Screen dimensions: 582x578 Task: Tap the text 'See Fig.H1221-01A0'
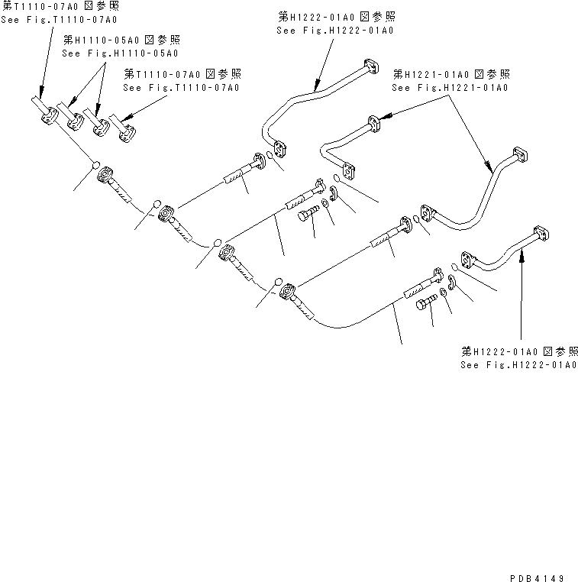[450, 88]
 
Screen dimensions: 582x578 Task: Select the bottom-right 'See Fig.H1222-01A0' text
[520, 366]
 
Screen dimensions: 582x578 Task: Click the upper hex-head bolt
[307, 217]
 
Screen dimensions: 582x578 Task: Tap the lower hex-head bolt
[425, 304]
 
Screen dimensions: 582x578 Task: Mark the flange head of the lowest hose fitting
[288, 291]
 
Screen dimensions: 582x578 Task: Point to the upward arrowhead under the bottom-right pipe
[522, 257]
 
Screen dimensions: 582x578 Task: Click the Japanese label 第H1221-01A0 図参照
[450, 75]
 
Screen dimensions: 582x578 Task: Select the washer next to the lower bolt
[444, 293]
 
